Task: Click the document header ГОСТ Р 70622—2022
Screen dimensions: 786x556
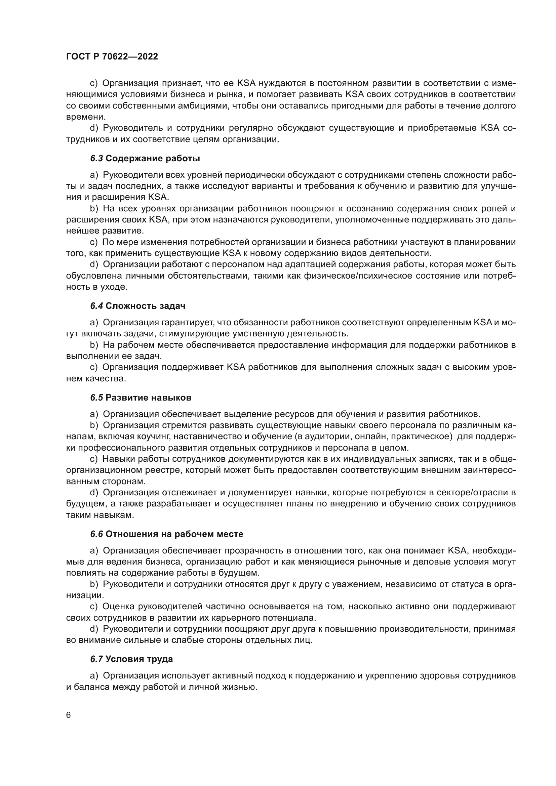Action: (112, 57)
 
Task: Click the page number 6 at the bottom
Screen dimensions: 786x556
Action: (69, 715)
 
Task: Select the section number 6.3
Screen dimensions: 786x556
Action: (96, 159)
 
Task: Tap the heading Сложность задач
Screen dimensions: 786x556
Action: (146, 306)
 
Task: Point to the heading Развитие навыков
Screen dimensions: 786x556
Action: (148, 398)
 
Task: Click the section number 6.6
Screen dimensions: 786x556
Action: (96, 534)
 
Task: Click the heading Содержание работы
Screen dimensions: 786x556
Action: (153, 159)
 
